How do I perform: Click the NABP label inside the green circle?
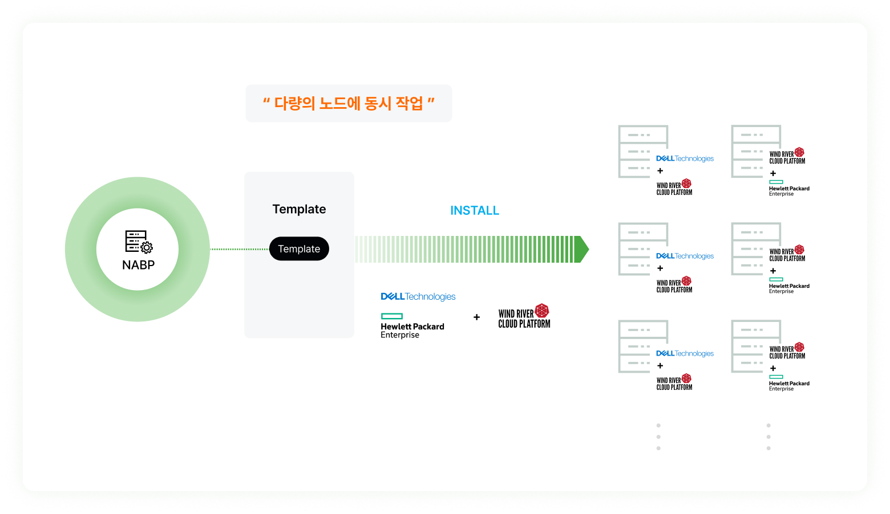click(x=138, y=265)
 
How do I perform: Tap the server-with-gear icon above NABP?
click(x=139, y=242)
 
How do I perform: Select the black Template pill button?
click(x=299, y=249)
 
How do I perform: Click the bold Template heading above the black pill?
click(x=299, y=209)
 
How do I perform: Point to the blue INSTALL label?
click(x=475, y=211)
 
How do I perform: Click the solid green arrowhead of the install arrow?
click(x=581, y=249)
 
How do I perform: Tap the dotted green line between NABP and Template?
click(x=240, y=249)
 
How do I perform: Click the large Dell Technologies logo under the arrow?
click(x=418, y=296)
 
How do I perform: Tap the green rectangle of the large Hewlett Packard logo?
click(x=392, y=316)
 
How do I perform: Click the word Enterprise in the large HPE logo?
click(x=400, y=335)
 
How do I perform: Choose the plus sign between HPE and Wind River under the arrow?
click(x=476, y=317)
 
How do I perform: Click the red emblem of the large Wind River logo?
click(x=542, y=311)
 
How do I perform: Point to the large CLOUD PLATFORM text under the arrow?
click(x=524, y=324)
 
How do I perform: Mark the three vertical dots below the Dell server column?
click(x=658, y=437)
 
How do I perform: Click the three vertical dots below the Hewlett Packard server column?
click(x=768, y=437)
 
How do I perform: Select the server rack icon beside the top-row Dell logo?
click(x=643, y=152)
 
